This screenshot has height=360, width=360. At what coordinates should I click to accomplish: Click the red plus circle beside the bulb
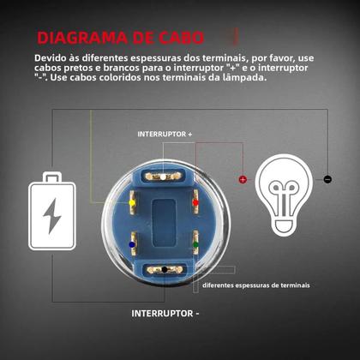(243, 179)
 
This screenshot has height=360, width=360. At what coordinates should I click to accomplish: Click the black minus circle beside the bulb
(327, 179)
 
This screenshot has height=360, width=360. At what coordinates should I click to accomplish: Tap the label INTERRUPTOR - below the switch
(165, 313)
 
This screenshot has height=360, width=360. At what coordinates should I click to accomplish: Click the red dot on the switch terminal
(196, 203)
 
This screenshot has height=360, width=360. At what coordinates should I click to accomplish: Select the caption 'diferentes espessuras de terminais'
(256, 285)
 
